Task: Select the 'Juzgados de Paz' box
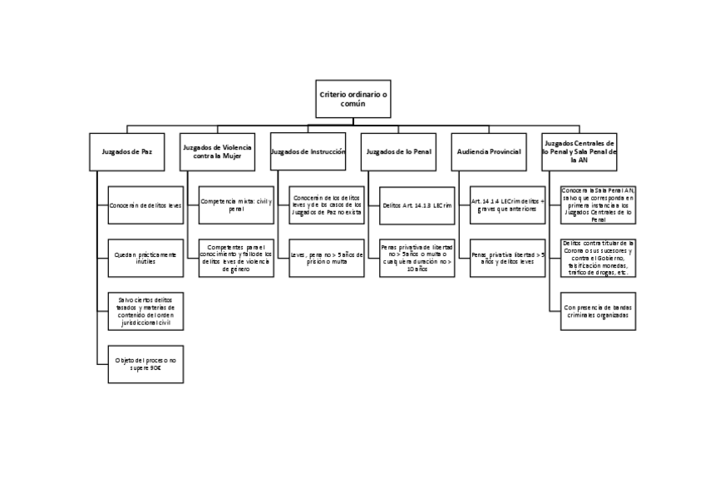click(x=127, y=152)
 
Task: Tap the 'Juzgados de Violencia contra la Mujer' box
click(x=218, y=152)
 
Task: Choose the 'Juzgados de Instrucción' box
click(x=308, y=152)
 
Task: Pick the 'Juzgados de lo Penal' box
click(x=399, y=152)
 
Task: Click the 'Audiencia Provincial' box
click(x=489, y=152)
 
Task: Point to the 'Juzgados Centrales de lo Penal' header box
click(x=579, y=152)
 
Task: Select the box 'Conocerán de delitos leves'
click(x=145, y=205)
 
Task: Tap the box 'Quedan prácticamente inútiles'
click(x=145, y=258)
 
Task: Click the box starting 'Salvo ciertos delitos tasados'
click(x=145, y=311)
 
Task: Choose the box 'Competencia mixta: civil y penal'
click(x=236, y=205)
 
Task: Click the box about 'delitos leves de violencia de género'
click(x=236, y=258)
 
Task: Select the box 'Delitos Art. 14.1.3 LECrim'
click(x=417, y=205)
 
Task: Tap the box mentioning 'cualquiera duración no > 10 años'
click(x=417, y=258)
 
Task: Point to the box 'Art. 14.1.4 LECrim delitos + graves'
click(x=507, y=205)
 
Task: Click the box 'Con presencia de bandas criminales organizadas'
click(x=598, y=311)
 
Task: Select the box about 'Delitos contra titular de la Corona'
click(x=598, y=258)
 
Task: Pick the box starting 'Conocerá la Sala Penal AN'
click(x=598, y=205)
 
